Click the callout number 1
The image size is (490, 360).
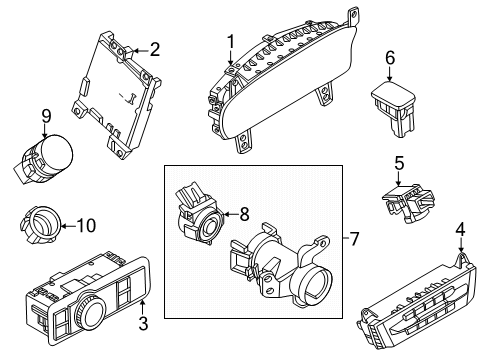[229, 41]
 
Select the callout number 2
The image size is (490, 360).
[154, 48]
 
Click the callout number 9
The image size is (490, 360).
[46, 117]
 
